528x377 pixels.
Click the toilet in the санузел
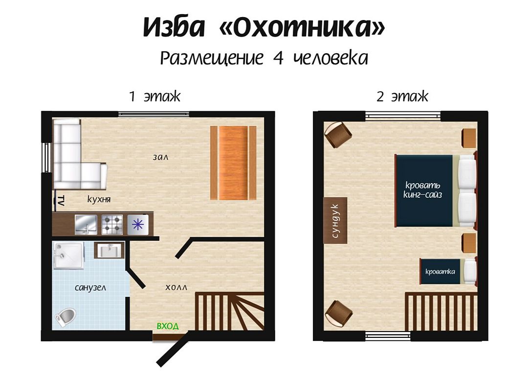click(x=66, y=317)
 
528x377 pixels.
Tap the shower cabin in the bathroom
click(x=69, y=255)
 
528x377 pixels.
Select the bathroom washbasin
click(x=109, y=251)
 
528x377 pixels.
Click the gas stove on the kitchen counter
click(x=112, y=225)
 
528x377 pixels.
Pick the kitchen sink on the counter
click(x=86, y=225)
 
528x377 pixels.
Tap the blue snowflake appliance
click(x=138, y=225)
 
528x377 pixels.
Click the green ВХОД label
click(x=168, y=326)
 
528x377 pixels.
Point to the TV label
click(x=61, y=200)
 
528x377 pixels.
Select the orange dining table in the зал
click(x=233, y=163)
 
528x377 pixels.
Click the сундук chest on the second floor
click(x=335, y=220)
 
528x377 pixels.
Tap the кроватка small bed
click(x=448, y=271)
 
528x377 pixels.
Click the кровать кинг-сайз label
click(x=423, y=189)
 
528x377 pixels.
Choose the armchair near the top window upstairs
click(x=338, y=134)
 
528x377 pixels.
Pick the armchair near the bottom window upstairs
click(x=338, y=313)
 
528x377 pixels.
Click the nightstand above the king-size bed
click(x=469, y=138)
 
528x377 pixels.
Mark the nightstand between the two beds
click(x=469, y=243)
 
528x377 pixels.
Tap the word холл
click(x=176, y=288)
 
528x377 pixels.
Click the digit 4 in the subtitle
click(x=278, y=58)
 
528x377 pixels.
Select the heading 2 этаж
click(x=402, y=97)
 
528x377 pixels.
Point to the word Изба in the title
click(x=174, y=27)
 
